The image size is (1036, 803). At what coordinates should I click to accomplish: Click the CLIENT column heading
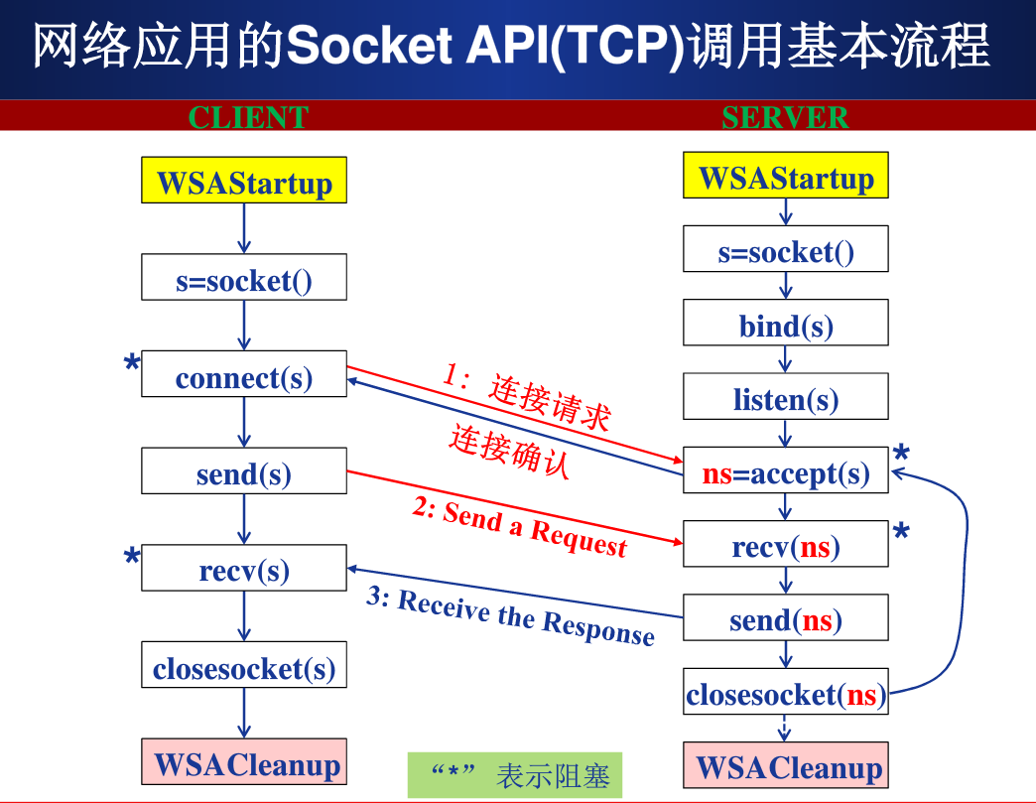click(x=248, y=117)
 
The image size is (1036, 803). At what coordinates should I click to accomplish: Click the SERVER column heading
click(x=785, y=117)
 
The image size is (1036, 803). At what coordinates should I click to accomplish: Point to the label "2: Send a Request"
click(x=520, y=527)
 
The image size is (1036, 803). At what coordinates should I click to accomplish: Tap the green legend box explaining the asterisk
click(x=515, y=775)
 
